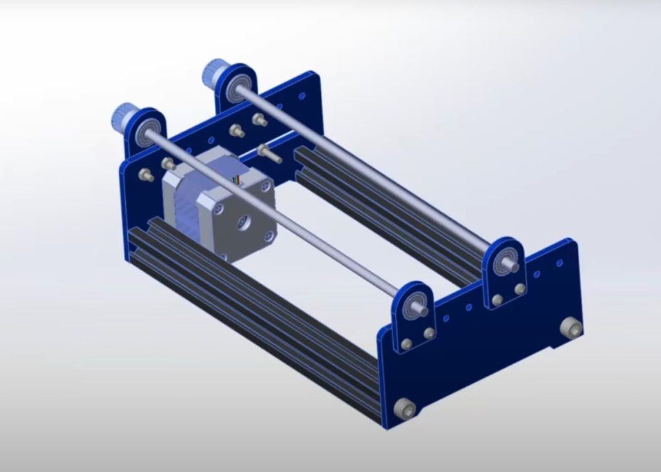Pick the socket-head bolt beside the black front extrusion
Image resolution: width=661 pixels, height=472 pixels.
coord(405,408)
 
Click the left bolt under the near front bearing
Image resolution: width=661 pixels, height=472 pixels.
coord(406,344)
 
